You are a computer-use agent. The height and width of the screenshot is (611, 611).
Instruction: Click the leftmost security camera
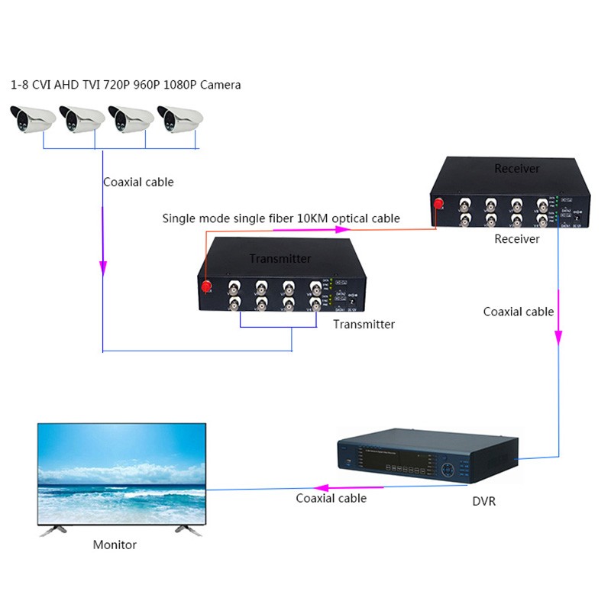pos(33,119)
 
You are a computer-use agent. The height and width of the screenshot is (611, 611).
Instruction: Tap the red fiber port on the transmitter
pos(206,286)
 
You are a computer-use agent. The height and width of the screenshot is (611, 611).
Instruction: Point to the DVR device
pos(428,462)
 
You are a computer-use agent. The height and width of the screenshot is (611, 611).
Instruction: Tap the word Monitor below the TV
pos(115,545)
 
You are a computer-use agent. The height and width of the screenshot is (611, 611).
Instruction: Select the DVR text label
pos(484,502)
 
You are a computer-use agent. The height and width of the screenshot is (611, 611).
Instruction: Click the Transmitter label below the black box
pos(364,325)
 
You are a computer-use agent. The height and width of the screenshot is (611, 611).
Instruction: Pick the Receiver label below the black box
pos(517,239)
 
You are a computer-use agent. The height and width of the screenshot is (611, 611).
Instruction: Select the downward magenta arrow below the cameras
pos(103,267)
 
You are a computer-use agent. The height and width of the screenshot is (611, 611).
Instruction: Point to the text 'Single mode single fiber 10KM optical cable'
pos(281,218)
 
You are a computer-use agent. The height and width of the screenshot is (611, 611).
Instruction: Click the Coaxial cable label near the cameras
pos(138,182)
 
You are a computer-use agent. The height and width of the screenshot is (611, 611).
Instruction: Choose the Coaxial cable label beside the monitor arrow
pos(331,498)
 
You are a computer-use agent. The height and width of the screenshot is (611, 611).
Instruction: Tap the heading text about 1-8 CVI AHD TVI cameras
pos(126,85)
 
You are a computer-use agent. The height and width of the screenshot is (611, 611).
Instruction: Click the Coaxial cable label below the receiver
pos(519,312)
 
